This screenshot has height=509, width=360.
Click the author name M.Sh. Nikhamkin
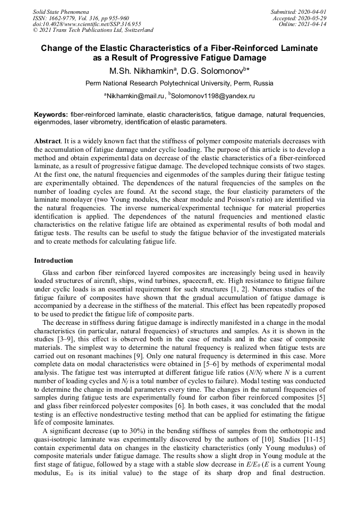click(x=140, y=71)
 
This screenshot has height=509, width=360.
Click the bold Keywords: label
click(x=51, y=115)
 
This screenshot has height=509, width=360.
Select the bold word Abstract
click(x=47, y=141)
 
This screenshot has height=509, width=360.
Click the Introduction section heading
click(x=54, y=261)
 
